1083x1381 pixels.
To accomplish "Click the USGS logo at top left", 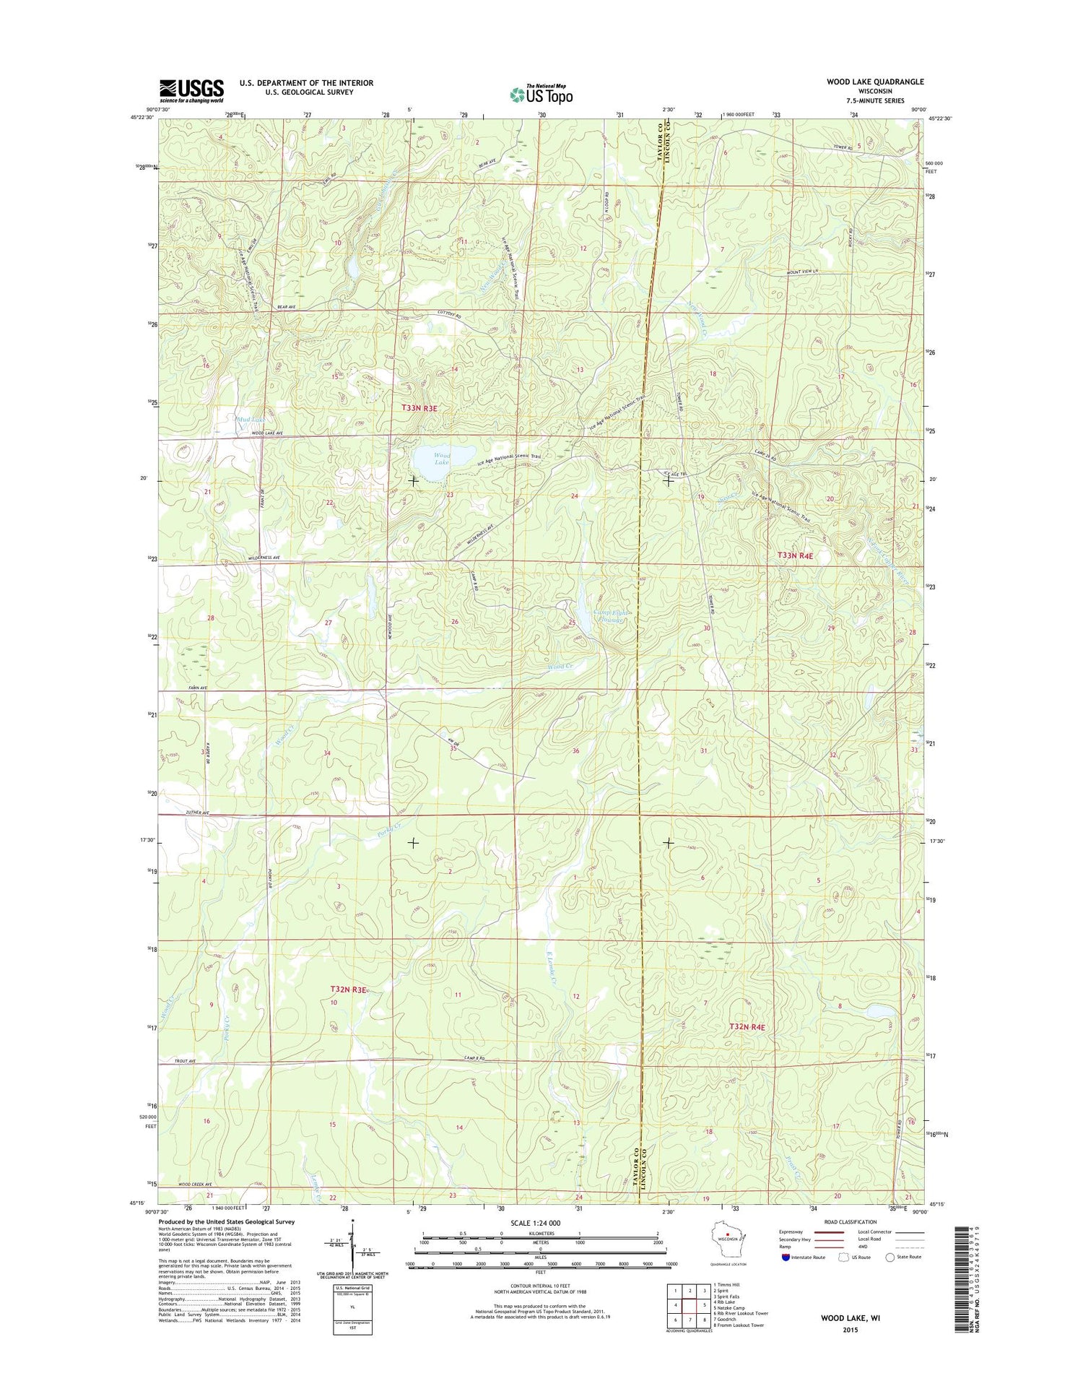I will click(191, 90).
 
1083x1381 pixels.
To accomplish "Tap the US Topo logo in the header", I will click(541, 94).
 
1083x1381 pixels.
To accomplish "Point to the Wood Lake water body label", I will click(442, 459).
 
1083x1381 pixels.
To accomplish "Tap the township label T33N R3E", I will click(419, 408).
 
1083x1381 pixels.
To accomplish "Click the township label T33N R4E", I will click(795, 555).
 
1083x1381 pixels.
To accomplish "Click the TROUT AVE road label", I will click(186, 1061).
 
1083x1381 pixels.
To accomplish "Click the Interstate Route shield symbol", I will click(786, 1257).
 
